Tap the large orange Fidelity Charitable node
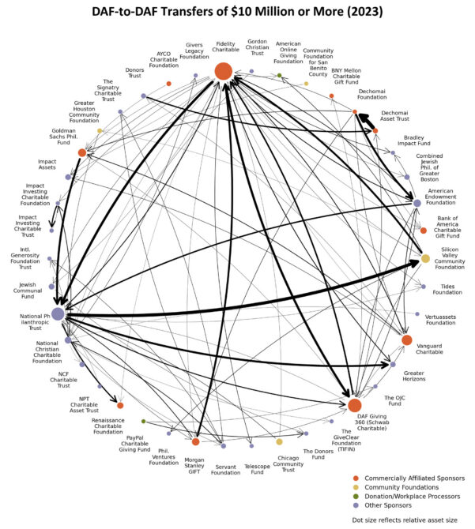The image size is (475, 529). click(x=224, y=71)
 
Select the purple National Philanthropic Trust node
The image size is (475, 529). click(x=58, y=313)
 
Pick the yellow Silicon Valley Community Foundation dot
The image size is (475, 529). click(x=425, y=258)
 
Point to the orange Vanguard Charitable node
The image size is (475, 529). click(x=407, y=340)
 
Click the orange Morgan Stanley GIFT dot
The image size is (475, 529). click(x=195, y=441)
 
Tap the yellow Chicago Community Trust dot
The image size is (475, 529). click(x=279, y=442)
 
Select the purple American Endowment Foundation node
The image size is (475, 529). click(x=417, y=203)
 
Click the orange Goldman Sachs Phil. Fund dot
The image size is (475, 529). click(x=82, y=152)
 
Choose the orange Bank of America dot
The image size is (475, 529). click(x=424, y=231)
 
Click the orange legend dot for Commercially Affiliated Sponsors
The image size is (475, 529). click(x=356, y=478)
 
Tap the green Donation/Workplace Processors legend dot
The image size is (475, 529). click(x=356, y=496)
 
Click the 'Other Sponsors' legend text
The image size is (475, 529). click(x=394, y=505)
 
